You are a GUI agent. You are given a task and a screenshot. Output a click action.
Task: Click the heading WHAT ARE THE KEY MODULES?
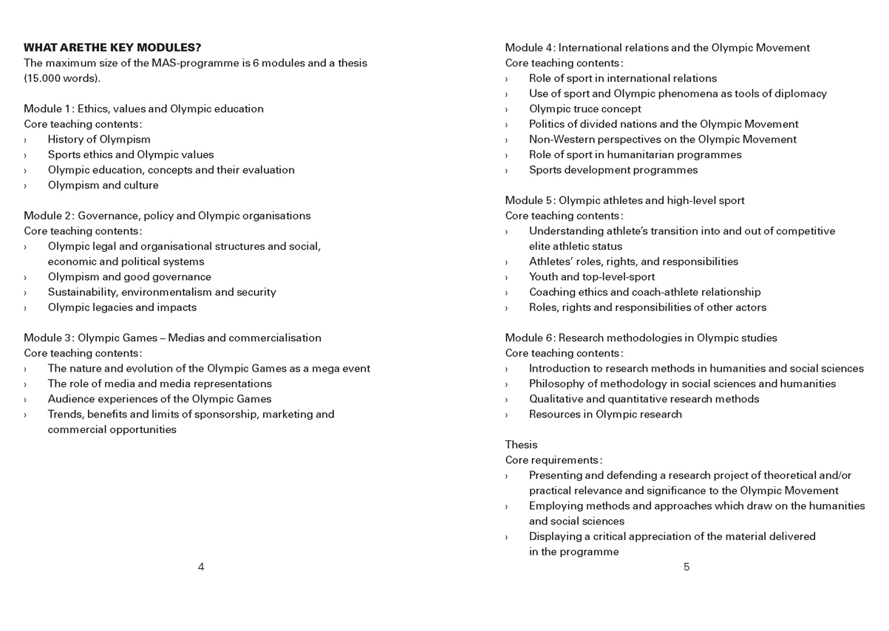(x=112, y=48)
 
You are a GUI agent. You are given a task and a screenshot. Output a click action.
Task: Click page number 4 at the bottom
(x=201, y=567)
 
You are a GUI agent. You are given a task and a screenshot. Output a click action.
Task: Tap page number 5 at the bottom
(x=687, y=567)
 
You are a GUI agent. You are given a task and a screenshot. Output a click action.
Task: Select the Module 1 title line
(x=143, y=109)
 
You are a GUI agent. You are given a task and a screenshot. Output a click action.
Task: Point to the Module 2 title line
(x=167, y=216)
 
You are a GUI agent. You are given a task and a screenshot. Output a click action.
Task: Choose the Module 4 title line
(x=657, y=48)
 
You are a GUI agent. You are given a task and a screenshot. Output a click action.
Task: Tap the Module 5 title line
(x=624, y=200)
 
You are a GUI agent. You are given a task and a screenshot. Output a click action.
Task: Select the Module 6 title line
(x=641, y=338)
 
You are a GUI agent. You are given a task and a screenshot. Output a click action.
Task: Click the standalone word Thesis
(x=521, y=445)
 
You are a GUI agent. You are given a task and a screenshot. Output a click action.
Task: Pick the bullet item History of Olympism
(x=99, y=139)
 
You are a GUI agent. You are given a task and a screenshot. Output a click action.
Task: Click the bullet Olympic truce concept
(x=585, y=109)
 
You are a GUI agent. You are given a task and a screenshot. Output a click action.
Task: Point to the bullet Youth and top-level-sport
(x=591, y=277)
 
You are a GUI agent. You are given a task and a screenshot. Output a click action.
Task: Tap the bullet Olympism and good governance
(x=129, y=277)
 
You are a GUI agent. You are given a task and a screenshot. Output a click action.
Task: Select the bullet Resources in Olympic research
(x=605, y=414)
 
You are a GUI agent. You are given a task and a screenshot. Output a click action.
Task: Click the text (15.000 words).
(x=62, y=78)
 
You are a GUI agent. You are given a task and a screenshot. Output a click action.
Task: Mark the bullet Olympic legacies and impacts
(x=122, y=307)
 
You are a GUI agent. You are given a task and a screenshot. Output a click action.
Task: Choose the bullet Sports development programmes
(x=613, y=170)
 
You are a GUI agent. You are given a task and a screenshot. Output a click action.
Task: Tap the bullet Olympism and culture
(x=103, y=185)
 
